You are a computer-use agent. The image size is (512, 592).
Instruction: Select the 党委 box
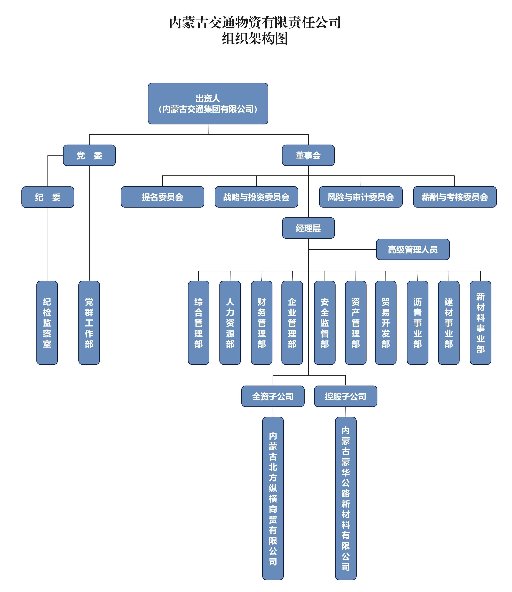coord(89,155)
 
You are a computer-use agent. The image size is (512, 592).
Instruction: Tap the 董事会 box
coord(308,155)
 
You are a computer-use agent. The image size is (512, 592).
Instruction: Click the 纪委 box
coord(48,197)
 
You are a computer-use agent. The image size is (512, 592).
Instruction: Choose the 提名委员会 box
coord(162,197)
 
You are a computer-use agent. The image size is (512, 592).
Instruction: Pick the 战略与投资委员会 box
coord(256,197)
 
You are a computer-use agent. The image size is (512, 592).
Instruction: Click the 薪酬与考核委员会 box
coord(454,197)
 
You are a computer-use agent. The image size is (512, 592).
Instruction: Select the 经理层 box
coord(308,228)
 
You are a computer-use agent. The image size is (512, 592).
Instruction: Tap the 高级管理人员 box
coord(413,249)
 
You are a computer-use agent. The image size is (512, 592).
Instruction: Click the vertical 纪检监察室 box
coord(47,323)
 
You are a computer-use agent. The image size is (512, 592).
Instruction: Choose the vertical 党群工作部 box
coord(89,323)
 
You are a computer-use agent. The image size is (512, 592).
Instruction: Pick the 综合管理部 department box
coord(199,323)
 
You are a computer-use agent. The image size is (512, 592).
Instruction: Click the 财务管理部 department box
coord(261,323)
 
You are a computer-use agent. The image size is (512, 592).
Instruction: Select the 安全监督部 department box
coord(324,323)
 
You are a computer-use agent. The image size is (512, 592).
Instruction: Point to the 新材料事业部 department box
coord(480,323)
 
